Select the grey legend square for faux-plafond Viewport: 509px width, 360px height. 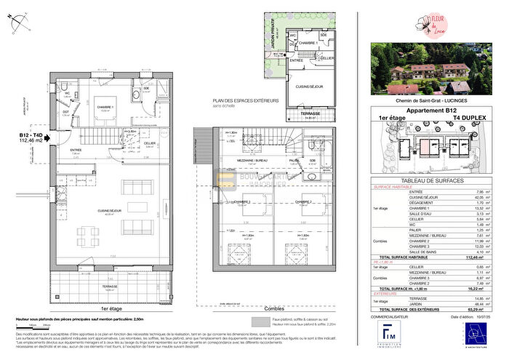click(255, 319)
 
